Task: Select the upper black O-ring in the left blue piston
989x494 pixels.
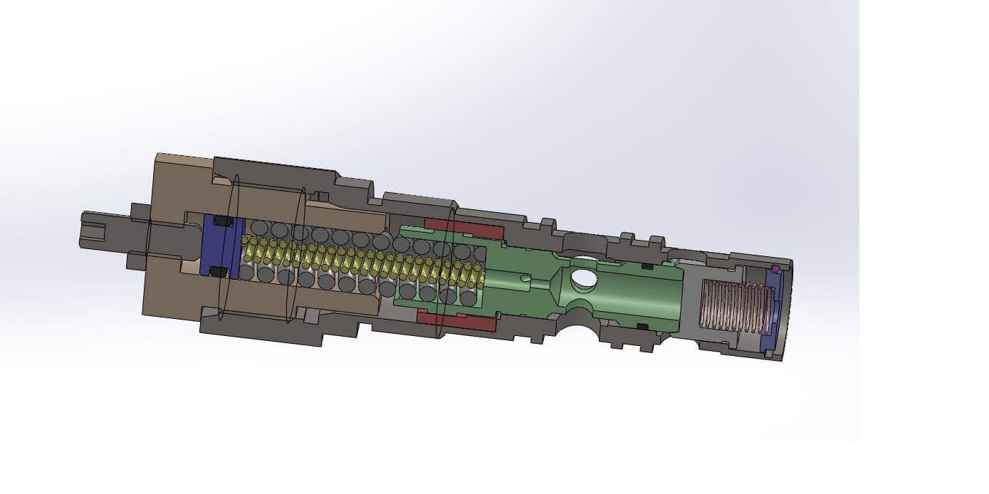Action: [x=224, y=221]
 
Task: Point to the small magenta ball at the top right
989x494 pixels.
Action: [x=775, y=269]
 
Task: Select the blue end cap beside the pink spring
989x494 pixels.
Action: [x=772, y=313]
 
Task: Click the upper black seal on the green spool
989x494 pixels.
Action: [x=647, y=266]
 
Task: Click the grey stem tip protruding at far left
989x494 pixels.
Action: [x=93, y=230]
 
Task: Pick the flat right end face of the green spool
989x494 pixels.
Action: [x=676, y=299]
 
